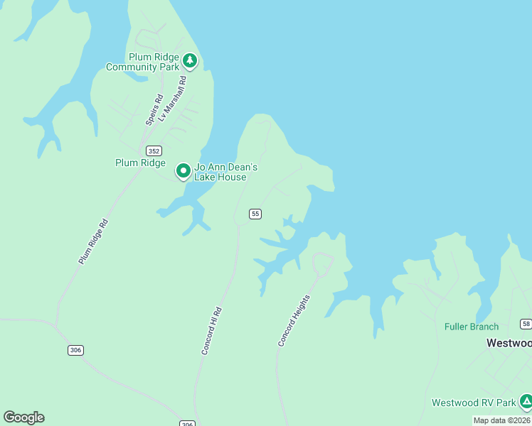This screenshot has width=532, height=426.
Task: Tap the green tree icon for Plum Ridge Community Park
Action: coord(189,60)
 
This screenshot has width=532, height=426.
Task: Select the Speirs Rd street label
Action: coord(154,110)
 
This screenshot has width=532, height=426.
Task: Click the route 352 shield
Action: coord(154,151)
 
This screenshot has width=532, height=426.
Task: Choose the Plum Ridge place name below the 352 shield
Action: coord(140,163)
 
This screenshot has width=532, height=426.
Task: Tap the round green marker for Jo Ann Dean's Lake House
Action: coord(183,170)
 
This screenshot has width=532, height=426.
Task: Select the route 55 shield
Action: coord(255,214)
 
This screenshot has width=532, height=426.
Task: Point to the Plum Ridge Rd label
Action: coord(93,242)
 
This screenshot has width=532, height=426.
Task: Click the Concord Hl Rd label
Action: coord(212,331)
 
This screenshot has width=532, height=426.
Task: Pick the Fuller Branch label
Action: coord(472,327)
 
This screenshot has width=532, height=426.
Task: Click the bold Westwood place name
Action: coord(509,343)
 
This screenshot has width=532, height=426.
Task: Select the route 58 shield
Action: coord(526,324)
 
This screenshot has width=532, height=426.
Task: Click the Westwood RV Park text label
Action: coord(474,403)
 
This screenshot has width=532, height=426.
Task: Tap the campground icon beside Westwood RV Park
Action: coord(526,402)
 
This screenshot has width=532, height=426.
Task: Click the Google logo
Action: coord(23,417)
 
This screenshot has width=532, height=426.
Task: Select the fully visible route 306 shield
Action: coord(76,350)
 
